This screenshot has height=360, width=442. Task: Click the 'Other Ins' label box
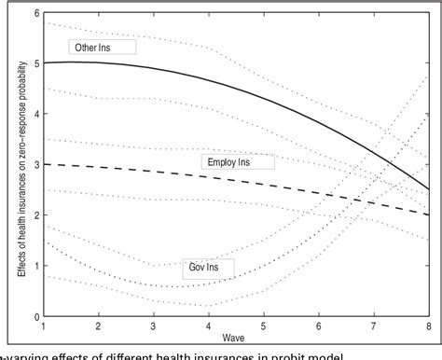[x=104, y=46]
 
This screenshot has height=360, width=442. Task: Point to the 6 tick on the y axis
[x=35, y=13]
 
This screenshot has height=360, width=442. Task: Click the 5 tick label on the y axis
[x=35, y=63]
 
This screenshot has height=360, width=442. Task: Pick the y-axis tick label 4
[x=35, y=114]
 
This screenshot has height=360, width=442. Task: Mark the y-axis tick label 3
[x=35, y=164]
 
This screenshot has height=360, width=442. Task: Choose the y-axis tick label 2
[x=35, y=215]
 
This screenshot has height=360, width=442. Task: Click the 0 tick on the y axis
[x=35, y=314]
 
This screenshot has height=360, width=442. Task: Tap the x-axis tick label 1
[x=43, y=325]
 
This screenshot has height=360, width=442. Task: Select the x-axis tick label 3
[x=153, y=325]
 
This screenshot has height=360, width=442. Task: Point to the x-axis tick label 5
[x=264, y=325]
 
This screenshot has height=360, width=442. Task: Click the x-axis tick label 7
[x=375, y=325]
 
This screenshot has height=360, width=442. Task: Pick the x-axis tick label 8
[x=429, y=325]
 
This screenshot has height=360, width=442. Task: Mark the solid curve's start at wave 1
[x=44, y=63]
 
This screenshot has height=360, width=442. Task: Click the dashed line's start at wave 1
[x=44, y=164]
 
